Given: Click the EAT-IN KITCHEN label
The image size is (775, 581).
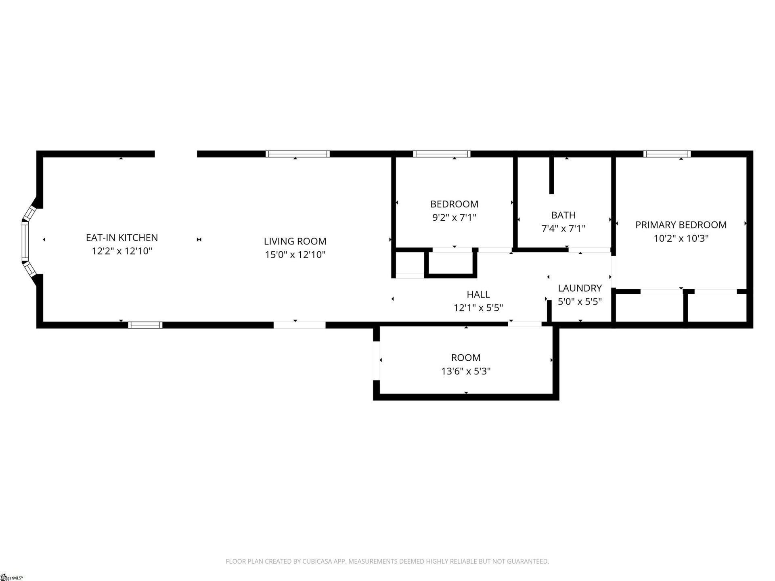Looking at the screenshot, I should point(121,238).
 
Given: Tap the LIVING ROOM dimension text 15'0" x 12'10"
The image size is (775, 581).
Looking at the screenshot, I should point(295,255).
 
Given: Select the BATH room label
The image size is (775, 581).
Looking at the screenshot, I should point(563,215).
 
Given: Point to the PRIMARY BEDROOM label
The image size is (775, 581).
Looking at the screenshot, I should point(681,225).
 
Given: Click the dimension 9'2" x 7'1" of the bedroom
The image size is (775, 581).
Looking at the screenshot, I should point(454,217).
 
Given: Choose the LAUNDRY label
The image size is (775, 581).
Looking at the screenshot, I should point(580,288).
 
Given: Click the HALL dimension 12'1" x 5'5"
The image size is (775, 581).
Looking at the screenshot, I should point(478,308).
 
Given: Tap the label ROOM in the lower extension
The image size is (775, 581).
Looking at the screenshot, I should point(465,357).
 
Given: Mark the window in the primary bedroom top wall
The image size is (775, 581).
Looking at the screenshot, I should point(667,154).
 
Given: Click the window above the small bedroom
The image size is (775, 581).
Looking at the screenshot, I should point(441,154).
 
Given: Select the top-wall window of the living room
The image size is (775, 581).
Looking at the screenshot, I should point(297,154).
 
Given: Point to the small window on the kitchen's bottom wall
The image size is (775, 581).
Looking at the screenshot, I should point(145,325).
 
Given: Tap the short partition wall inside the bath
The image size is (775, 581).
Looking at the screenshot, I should point(551,175).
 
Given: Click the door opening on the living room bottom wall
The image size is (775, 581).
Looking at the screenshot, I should point(299,325).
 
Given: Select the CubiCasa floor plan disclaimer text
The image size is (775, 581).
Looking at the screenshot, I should point(387,561).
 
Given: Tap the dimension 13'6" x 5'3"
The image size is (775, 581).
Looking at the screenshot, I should point(465,371).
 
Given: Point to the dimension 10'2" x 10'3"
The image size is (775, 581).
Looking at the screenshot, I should point(681,238).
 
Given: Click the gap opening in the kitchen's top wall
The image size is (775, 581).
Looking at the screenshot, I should point(176,154).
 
